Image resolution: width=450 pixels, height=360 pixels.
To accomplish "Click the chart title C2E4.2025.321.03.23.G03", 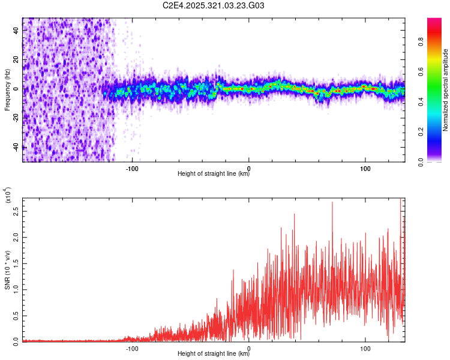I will click(x=214, y=6).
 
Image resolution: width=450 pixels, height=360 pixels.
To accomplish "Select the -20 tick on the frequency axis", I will click(x=16, y=118).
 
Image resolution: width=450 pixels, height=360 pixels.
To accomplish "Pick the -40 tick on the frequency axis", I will click(x=16, y=147).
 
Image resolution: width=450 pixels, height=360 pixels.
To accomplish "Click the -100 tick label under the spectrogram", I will click(x=132, y=168).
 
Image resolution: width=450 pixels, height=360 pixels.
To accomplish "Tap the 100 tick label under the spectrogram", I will click(x=365, y=168).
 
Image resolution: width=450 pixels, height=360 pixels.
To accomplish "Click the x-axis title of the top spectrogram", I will click(x=214, y=175).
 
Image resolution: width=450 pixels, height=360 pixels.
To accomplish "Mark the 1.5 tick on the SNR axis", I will click(x=16, y=263).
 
